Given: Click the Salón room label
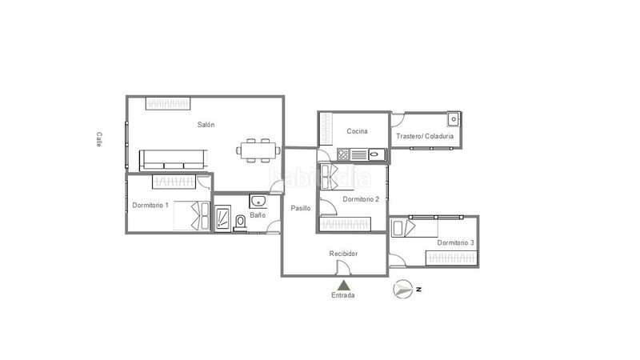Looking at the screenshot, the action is coord(206,125).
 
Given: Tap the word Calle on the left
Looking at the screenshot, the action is coord(98,139).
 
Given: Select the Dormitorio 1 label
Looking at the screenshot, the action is coord(150,205).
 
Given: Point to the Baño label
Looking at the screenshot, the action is coord(258,215).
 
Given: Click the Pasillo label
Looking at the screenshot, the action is coord(301,208).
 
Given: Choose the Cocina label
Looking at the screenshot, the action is coord(357,131).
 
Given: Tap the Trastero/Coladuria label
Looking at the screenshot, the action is coord(425,136).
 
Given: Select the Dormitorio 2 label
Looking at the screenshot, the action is coord(361,199).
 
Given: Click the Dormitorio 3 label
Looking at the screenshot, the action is coord(455,242).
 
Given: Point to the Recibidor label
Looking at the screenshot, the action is coord(343,254).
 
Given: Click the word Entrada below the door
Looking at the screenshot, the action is coord(343,295).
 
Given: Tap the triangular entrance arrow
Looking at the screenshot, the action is coord(344,286).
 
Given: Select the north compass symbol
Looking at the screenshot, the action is coord(403,289).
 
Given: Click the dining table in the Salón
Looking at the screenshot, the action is coord(258,150).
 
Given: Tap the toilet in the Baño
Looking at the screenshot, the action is coord(241,222).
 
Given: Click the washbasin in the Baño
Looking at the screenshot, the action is coord(258,202).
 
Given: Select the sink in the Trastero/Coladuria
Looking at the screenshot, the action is coord(454,119).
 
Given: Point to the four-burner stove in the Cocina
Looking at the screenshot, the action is coord(343,154).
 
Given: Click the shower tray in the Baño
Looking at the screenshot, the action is coord(223,218).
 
